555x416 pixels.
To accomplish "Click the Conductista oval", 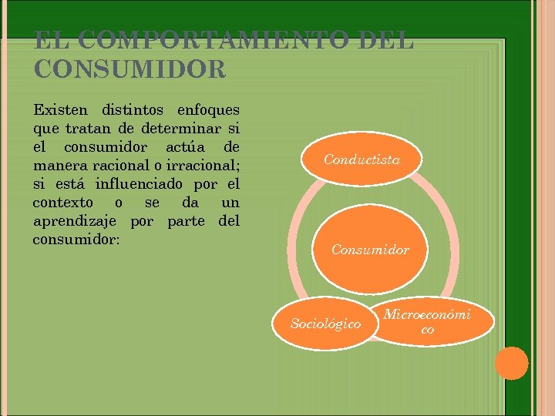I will (362, 159).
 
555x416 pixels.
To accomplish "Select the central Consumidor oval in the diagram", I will (370, 250).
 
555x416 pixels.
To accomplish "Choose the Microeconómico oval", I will (427, 321).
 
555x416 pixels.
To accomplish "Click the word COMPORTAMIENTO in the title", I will (200, 40).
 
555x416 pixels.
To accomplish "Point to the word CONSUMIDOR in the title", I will (129, 69).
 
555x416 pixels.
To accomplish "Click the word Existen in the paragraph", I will (58, 109).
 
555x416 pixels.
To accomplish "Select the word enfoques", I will (208, 109).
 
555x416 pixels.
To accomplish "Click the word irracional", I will (198, 165).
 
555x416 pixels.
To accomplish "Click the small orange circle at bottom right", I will (511, 363).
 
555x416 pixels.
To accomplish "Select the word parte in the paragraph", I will (184, 221).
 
